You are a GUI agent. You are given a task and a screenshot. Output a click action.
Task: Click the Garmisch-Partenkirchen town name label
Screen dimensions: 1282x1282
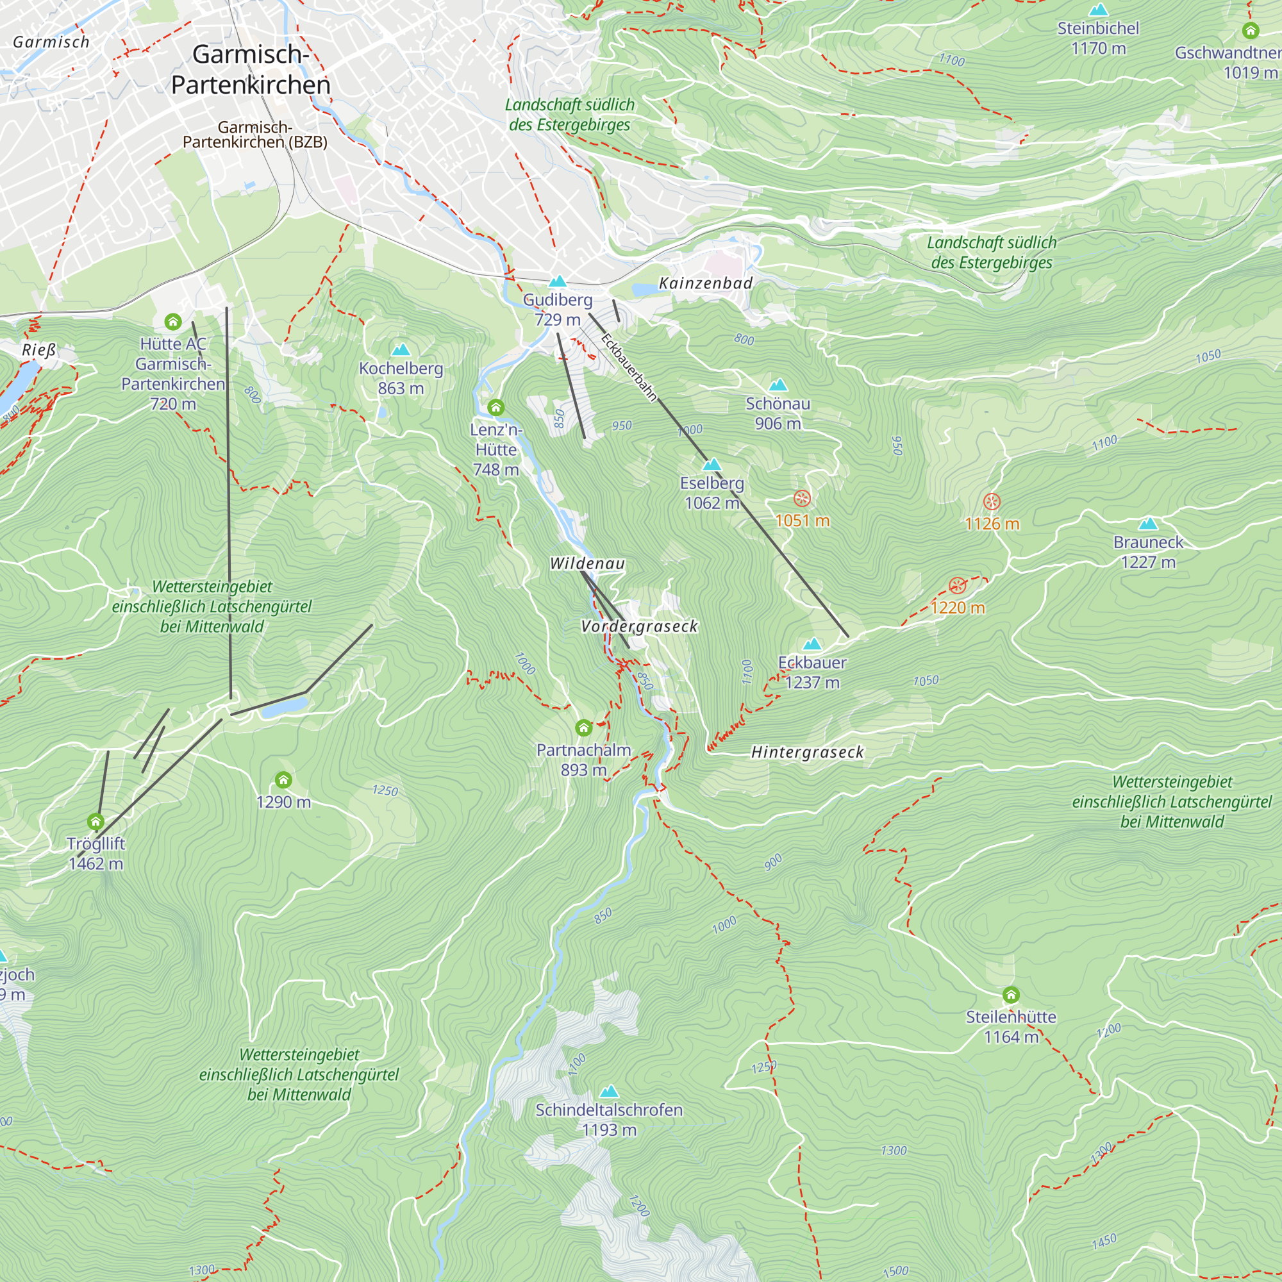click(x=250, y=70)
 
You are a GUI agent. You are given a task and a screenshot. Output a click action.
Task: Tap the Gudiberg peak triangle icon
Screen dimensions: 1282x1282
click(x=558, y=282)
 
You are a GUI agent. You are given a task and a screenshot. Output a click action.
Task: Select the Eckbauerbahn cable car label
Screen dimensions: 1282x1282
click(x=628, y=367)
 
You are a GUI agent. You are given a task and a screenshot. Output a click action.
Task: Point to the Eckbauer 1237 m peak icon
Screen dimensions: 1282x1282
click(x=812, y=644)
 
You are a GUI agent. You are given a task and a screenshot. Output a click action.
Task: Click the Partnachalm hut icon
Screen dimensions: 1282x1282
click(x=584, y=729)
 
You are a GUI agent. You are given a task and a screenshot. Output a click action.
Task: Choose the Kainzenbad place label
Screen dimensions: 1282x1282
click(x=705, y=283)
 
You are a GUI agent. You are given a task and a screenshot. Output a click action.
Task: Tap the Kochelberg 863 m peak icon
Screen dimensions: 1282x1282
click(x=401, y=351)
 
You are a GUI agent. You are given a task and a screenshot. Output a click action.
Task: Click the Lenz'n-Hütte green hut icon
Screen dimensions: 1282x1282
click(x=495, y=408)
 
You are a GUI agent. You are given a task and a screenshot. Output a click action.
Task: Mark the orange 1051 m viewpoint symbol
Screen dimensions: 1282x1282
click(x=803, y=498)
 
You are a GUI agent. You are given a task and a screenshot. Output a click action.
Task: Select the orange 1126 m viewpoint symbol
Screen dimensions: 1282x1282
click(x=992, y=502)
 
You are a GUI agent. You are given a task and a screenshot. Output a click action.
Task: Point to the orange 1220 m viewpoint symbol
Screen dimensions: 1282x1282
click(x=957, y=585)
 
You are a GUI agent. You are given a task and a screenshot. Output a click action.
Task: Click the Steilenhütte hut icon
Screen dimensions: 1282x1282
click(x=1011, y=995)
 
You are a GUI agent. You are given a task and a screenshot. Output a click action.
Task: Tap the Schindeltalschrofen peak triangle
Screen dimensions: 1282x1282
click(x=609, y=1092)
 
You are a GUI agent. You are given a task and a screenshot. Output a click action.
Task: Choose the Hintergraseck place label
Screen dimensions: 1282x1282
click(x=807, y=753)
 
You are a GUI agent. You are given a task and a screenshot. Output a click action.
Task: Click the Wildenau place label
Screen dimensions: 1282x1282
click(x=587, y=564)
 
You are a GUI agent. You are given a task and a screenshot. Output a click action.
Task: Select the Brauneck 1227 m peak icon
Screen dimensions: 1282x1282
click(x=1148, y=524)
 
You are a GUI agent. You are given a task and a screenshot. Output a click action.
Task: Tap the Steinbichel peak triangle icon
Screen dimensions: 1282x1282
click(x=1099, y=11)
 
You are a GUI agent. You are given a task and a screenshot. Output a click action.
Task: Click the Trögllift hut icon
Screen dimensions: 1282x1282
click(x=96, y=822)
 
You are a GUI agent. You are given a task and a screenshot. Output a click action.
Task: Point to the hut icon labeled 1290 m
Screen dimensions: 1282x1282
click(x=283, y=779)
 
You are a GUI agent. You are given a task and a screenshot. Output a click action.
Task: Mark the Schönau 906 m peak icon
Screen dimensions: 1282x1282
click(x=778, y=385)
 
